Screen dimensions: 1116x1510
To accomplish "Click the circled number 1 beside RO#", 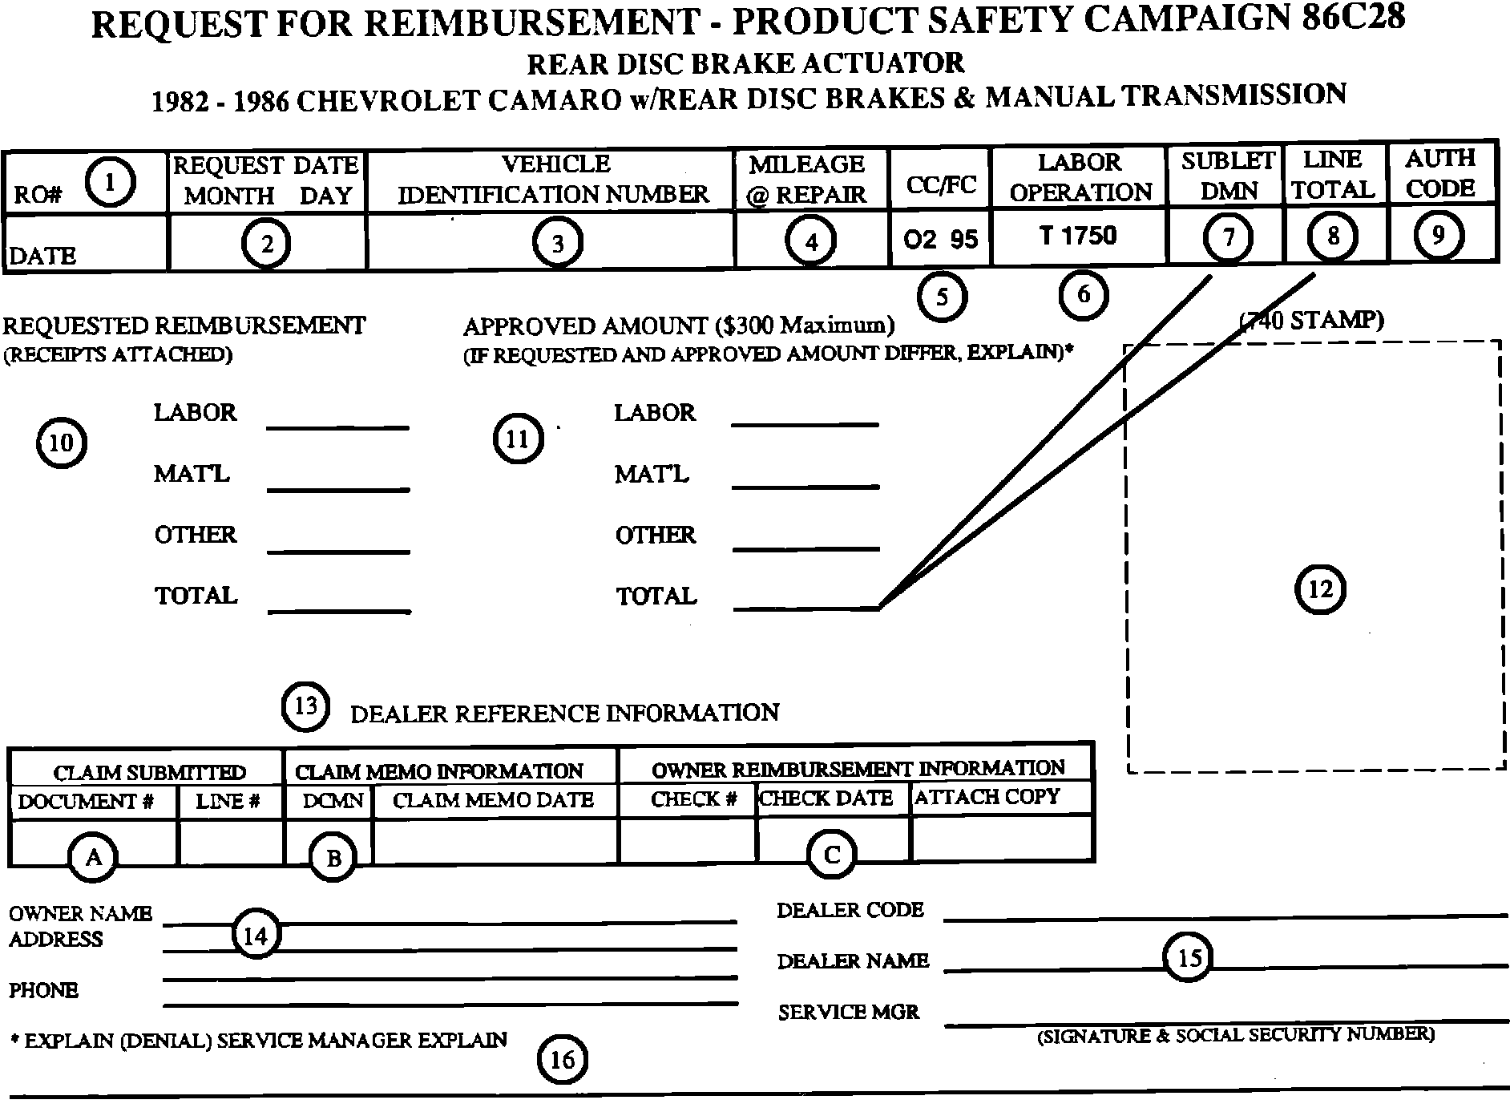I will point(110,183).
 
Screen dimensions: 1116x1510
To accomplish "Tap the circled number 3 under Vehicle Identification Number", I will point(558,242).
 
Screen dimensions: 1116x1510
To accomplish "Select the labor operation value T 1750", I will point(1078,236).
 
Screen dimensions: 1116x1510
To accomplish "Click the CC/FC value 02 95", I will point(941,239).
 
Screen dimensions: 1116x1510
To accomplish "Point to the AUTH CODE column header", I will point(1440,173).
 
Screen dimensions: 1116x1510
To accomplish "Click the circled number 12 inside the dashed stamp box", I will point(1320,590).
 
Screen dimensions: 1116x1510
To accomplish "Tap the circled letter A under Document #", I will point(94,858).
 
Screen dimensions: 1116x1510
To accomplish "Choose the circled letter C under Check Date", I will point(831,855).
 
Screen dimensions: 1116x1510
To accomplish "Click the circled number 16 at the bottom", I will point(562,1060).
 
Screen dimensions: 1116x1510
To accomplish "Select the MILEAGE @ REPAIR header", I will point(807,179).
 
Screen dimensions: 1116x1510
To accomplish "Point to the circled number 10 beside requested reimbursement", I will point(62,442).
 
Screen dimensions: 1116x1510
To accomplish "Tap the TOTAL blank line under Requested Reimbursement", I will point(339,611).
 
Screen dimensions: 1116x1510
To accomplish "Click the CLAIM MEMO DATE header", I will point(493,800).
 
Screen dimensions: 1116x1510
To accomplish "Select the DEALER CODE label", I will point(850,910).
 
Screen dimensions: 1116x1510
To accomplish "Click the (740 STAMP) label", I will point(1311,321).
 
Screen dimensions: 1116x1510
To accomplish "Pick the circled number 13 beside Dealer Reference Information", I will point(305,706).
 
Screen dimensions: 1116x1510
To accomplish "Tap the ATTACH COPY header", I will point(987,797).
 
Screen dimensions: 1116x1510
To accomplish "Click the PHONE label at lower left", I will point(43,991).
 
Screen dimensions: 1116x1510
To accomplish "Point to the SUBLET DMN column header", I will point(1227,176).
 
